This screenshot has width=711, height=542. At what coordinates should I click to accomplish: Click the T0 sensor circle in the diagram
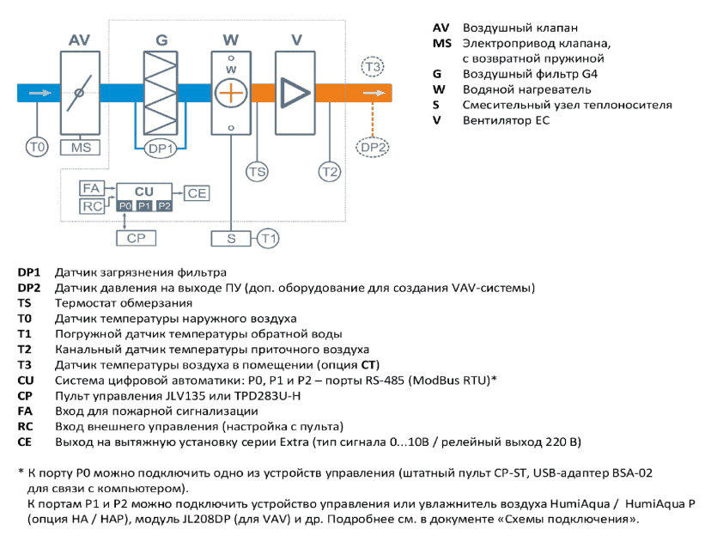(x=37, y=148)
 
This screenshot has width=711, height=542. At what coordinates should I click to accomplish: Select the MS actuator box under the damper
(x=80, y=148)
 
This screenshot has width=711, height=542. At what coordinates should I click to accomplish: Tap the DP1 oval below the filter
(x=161, y=149)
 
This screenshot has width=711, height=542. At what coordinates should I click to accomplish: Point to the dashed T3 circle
(x=373, y=67)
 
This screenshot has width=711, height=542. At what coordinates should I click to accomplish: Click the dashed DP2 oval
(x=373, y=148)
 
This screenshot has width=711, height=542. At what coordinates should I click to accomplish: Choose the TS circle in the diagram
(x=257, y=172)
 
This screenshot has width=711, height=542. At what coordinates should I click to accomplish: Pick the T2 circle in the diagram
(x=330, y=172)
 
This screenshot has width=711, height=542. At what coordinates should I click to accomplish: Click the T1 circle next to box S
(x=268, y=239)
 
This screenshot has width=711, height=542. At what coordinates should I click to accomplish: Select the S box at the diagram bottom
(x=231, y=239)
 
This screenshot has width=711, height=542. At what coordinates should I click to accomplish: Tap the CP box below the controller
(x=136, y=238)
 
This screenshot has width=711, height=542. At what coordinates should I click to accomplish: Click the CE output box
(x=197, y=193)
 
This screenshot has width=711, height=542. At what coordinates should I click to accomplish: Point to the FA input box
(x=92, y=188)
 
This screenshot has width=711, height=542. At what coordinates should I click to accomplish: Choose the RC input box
(x=92, y=206)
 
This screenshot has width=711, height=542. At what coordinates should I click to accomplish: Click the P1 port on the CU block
(x=144, y=206)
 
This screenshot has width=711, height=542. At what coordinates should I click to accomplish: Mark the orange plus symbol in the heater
(x=231, y=94)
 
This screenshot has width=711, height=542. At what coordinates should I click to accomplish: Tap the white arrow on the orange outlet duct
(x=374, y=93)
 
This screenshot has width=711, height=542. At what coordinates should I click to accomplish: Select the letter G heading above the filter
(x=161, y=40)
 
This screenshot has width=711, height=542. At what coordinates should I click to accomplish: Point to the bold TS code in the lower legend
(x=25, y=303)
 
